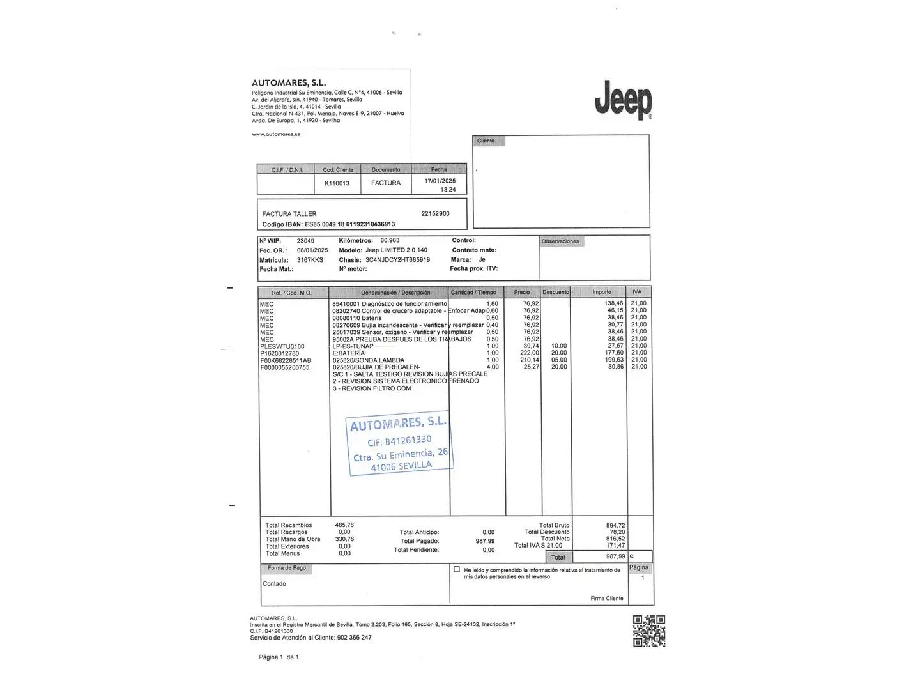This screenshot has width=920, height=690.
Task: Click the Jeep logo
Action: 623,100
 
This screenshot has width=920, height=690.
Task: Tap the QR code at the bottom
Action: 648,631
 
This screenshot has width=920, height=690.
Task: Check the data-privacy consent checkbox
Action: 457,569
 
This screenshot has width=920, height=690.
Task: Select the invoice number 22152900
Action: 435,213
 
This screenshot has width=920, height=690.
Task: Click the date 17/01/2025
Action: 440,181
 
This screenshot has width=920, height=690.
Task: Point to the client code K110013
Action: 337,183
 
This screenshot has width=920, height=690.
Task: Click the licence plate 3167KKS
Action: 310,260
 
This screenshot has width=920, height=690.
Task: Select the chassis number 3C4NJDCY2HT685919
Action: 397,260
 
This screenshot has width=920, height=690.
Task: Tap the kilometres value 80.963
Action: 390,241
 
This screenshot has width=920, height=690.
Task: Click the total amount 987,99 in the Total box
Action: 615,556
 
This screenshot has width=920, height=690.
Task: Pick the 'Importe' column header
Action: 601,292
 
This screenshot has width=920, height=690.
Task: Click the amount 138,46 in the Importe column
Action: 613,303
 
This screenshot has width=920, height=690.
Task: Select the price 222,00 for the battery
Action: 530,353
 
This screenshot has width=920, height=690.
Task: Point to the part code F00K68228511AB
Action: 286,360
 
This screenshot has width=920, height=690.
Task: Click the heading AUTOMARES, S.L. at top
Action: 289,82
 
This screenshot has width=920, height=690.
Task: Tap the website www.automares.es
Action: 275,134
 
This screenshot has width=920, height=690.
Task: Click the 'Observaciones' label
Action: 560,241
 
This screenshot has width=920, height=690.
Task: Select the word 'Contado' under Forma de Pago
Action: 274,584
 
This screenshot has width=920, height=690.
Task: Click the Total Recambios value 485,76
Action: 344,525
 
